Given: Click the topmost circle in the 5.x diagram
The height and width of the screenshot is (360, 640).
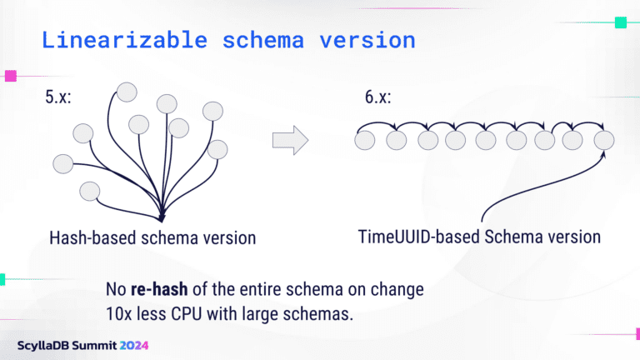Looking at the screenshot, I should point(127,91).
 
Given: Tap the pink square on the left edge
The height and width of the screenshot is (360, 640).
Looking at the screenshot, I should point(11,76).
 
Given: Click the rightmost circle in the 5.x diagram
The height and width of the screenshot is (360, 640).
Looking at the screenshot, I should point(217,149).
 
